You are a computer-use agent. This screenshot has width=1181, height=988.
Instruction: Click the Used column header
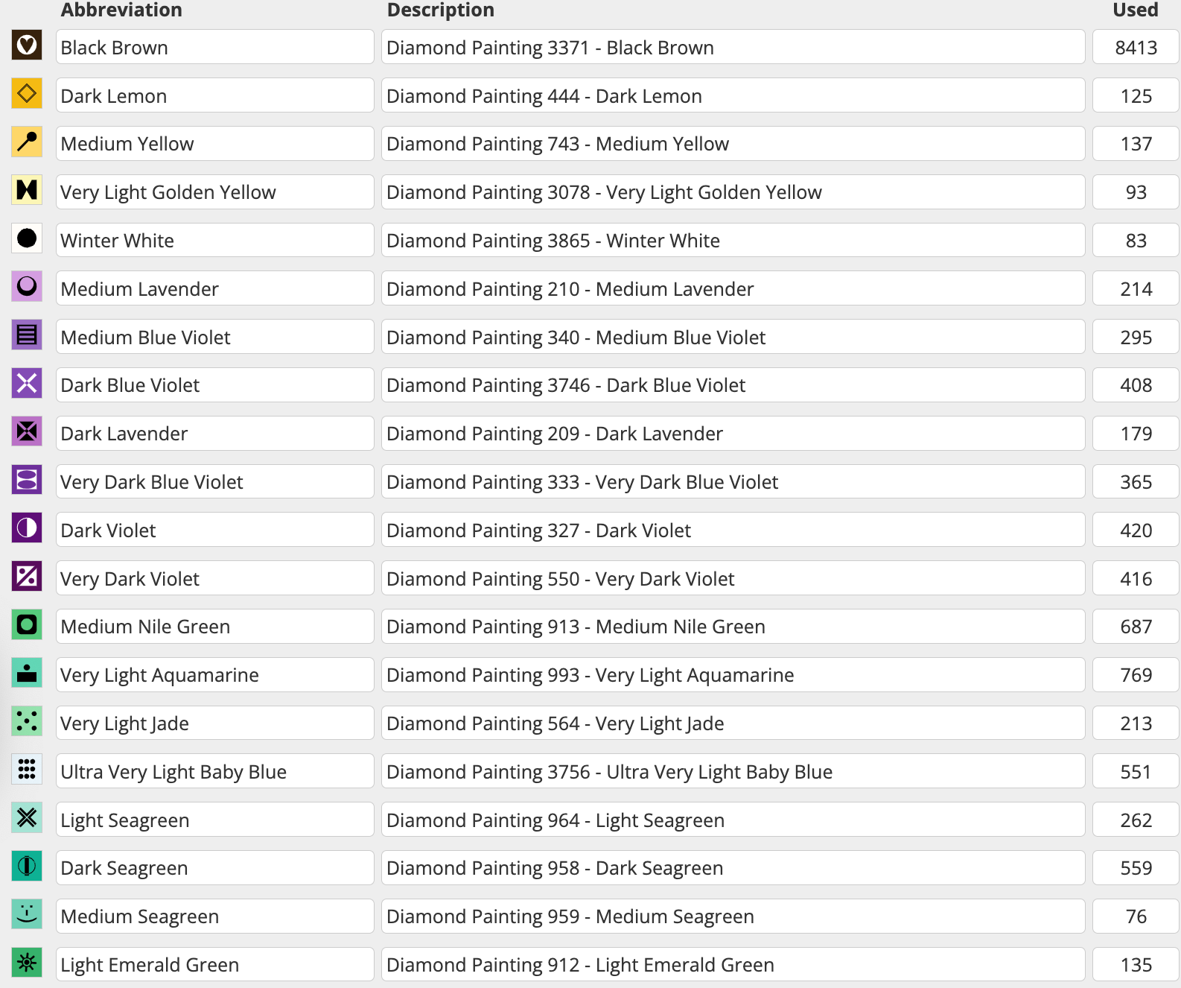point(1135,10)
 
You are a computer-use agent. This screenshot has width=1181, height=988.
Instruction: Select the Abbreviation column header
point(121,10)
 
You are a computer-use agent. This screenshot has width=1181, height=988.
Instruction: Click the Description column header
point(440,10)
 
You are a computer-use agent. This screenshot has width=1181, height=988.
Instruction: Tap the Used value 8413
point(1136,48)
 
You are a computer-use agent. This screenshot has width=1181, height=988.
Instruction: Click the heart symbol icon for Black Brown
point(27,45)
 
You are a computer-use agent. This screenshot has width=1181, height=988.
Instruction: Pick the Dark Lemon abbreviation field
point(214,96)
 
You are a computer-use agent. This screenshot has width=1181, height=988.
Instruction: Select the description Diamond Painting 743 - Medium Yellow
point(732,144)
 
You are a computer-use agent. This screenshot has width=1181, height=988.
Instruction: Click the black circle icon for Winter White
point(27,238)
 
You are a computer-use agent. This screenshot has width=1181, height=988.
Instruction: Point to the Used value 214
point(1136,289)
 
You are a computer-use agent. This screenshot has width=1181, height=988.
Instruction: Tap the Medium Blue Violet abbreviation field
point(214,338)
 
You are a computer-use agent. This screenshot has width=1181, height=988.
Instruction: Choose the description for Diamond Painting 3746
point(732,385)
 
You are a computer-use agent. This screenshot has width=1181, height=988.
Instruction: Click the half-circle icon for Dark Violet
point(27,528)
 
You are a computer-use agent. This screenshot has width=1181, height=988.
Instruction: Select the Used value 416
point(1136,579)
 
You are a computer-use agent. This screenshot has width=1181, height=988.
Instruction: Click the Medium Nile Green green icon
point(27,624)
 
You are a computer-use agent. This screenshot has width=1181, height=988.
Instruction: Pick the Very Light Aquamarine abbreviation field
point(214,675)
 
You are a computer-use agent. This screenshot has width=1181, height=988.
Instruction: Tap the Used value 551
point(1136,772)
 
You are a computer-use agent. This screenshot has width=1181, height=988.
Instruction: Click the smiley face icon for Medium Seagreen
point(27,914)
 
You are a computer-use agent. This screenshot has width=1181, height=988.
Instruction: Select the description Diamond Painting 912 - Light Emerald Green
point(732,965)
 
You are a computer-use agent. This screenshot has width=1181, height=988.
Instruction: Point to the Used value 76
point(1136,916)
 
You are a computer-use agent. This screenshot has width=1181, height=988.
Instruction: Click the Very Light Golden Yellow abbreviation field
point(214,192)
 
